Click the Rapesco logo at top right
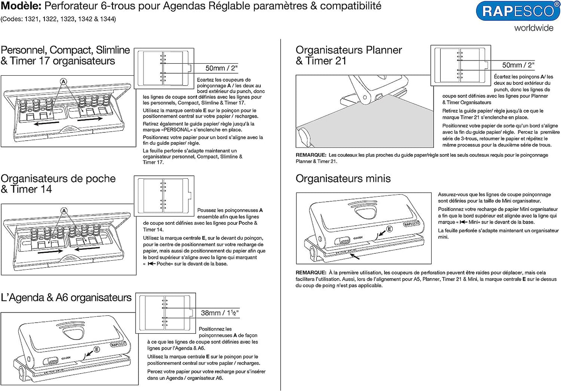[x=518, y=11]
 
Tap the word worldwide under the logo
[x=533, y=28]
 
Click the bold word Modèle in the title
[x=21, y=6]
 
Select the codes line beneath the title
[x=58, y=19]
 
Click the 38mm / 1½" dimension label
[x=219, y=313]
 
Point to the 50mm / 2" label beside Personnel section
[x=221, y=68]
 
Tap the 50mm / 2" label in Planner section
[x=518, y=65]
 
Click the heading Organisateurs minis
[x=343, y=179]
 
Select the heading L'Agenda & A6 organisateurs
[x=66, y=298]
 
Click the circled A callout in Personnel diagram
[x=64, y=82]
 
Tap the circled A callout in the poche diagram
[x=64, y=211]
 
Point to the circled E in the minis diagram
[x=389, y=229]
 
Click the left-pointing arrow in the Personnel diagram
[x=46, y=124]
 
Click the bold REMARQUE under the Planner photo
[x=310, y=155]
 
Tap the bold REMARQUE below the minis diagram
[x=310, y=273]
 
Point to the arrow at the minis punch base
[x=355, y=256]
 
